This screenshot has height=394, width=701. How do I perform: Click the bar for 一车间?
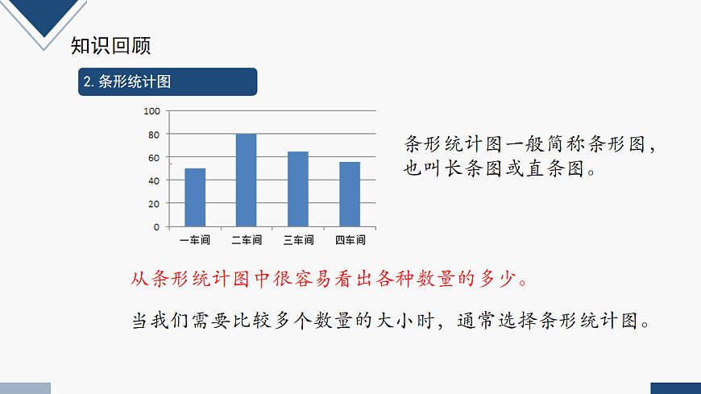tap(195, 197)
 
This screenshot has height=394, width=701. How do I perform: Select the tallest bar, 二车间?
tap(247, 180)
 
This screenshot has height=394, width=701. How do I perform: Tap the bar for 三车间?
tap(298, 189)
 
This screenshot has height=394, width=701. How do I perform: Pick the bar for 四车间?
tap(350, 194)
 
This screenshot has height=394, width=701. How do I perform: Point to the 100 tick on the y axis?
tap(151, 111)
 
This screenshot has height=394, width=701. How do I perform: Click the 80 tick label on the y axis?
tap(153, 135)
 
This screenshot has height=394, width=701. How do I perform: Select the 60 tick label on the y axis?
tap(153, 157)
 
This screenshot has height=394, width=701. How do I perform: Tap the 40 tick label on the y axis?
tap(153, 180)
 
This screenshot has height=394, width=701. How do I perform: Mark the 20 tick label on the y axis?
tap(153, 204)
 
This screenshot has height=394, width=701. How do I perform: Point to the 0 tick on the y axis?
tap(156, 227)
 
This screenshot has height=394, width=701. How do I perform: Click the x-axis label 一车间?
tap(195, 240)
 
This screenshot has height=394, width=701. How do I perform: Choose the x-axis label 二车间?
tap(247, 240)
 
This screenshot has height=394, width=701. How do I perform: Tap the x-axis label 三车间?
tap(298, 240)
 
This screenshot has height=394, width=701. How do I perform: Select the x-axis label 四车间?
tap(350, 240)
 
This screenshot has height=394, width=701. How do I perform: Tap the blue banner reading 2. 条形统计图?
tap(168, 81)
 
